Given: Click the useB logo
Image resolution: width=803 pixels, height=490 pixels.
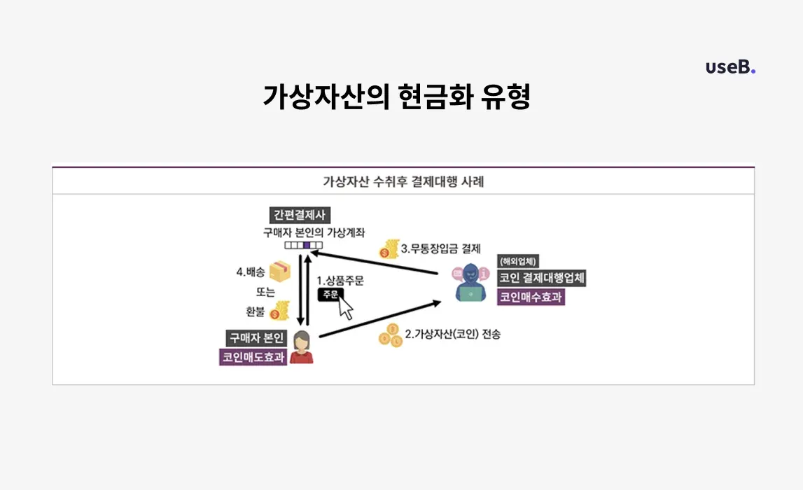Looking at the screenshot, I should click(x=730, y=67).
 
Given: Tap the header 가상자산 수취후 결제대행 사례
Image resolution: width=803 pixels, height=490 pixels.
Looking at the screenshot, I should click(x=403, y=182).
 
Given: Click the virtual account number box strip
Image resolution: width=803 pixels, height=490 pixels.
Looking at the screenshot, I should click(x=303, y=245).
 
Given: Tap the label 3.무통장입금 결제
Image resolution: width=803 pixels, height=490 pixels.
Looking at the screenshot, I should click(x=441, y=248).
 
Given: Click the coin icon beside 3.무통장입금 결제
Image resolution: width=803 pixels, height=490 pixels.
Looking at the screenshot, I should click(x=388, y=249).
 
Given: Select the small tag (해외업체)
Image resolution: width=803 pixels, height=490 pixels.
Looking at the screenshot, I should click(x=519, y=262).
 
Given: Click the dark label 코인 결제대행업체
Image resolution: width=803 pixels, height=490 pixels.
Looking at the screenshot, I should click(x=541, y=278).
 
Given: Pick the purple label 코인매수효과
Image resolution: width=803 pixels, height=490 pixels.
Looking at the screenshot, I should click(x=531, y=297).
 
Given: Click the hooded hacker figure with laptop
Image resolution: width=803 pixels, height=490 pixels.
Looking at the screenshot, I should click(x=468, y=282).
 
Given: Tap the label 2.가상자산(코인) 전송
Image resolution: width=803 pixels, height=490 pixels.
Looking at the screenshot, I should click(x=457, y=334).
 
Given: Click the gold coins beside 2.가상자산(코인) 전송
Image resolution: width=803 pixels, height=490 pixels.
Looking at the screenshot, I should click(x=391, y=336).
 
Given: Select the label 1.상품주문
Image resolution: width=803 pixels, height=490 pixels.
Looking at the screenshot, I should click(x=340, y=280).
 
